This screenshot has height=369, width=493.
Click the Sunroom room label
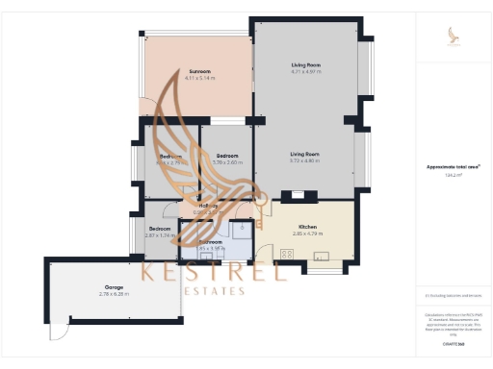tap(199, 71)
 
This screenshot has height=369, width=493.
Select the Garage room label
tap(114, 287)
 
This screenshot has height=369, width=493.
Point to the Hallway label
tap(208, 205)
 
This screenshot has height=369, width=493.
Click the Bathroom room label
tap(211, 242)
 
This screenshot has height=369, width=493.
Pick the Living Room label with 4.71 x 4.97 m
tap(306, 64)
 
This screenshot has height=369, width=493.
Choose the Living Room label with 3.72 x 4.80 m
tap(305, 154)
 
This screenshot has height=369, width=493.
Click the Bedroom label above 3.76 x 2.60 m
tap(227, 156)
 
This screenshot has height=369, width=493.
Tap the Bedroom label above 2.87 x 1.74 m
tap(160, 229)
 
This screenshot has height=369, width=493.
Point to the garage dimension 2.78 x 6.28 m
tap(114, 294)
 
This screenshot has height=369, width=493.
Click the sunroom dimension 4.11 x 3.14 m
tap(199, 78)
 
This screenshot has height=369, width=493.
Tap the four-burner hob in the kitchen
tap(286, 254)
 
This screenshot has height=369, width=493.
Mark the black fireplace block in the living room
tap(298, 195)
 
